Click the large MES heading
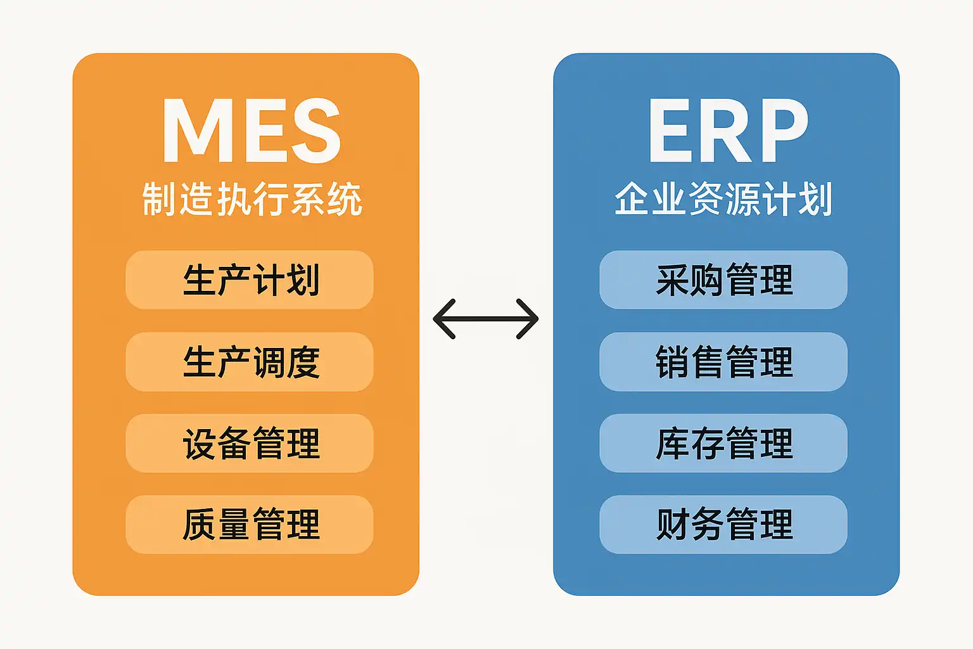point(251,131)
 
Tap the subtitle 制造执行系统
point(251,199)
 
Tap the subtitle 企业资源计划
point(723,199)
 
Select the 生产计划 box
point(250,280)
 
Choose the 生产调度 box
point(250,362)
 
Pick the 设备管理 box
point(250,443)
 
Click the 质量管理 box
point(250,525)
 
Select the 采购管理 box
point(723,280)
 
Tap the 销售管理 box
point(723,362)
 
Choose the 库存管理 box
point(723,443)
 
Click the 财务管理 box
point(723,525)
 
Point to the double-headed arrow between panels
point(486,319)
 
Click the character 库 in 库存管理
point(671,443)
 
